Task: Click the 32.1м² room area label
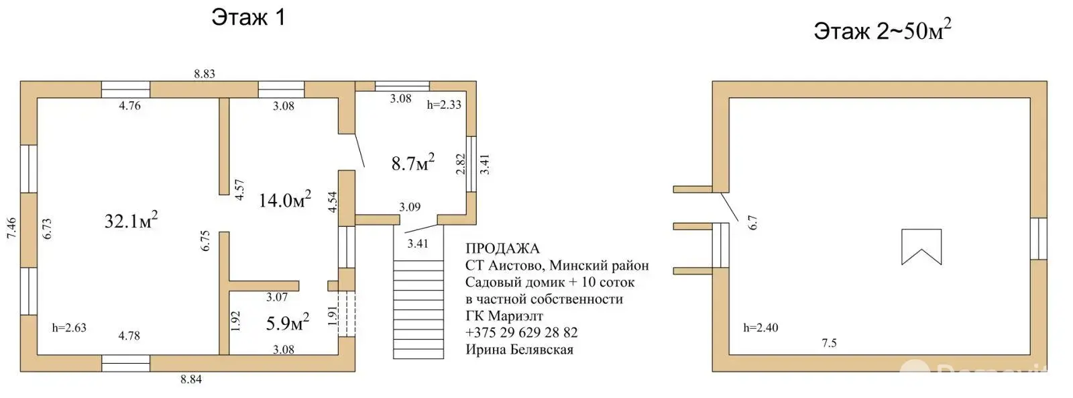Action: click(x=131, y=220)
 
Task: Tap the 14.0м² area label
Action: click(x=284, y=199)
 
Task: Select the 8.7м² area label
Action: click(x=412, y=162)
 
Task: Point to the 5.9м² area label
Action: click(x=287, y=323)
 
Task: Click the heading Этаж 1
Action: click(x=248, y=17)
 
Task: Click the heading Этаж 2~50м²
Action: click(x=883, y=30)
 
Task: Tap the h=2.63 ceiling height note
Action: click(x=69, y=328)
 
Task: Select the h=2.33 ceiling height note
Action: click(x=444, y=105)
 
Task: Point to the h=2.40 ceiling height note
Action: click(x=760, y=328)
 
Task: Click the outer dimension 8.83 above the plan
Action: click(x=205, y=74)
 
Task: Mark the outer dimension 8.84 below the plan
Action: click(x=191, y=379)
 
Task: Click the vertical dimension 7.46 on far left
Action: click(x=11, y=228)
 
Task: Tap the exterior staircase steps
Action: click(x=418, y=309)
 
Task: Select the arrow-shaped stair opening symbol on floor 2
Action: click(x=921, y=247)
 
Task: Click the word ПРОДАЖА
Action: click(x=502, y=249)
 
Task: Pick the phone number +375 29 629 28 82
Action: click(x=521, y=333)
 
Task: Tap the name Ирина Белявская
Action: click(x=519, y=350)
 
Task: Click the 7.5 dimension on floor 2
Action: click(x=829, y=343)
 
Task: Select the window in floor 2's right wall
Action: click(x=1038, y=239)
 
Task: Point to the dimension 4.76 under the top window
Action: click(x=129, y=105)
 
